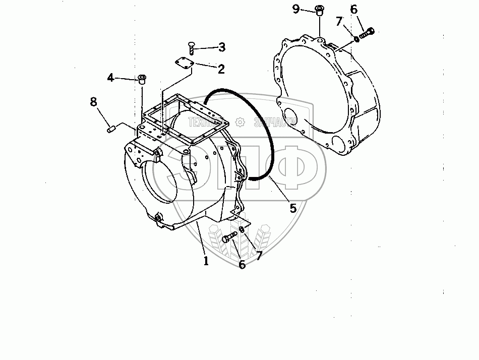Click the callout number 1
pos(206,261)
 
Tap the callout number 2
pos(221,69)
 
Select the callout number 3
pos(221,48)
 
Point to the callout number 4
pos(111,78)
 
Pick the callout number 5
pos(292,207)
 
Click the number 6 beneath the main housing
pos(242,265)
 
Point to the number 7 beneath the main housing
pos(259,256)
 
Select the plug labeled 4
pos(143,79)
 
